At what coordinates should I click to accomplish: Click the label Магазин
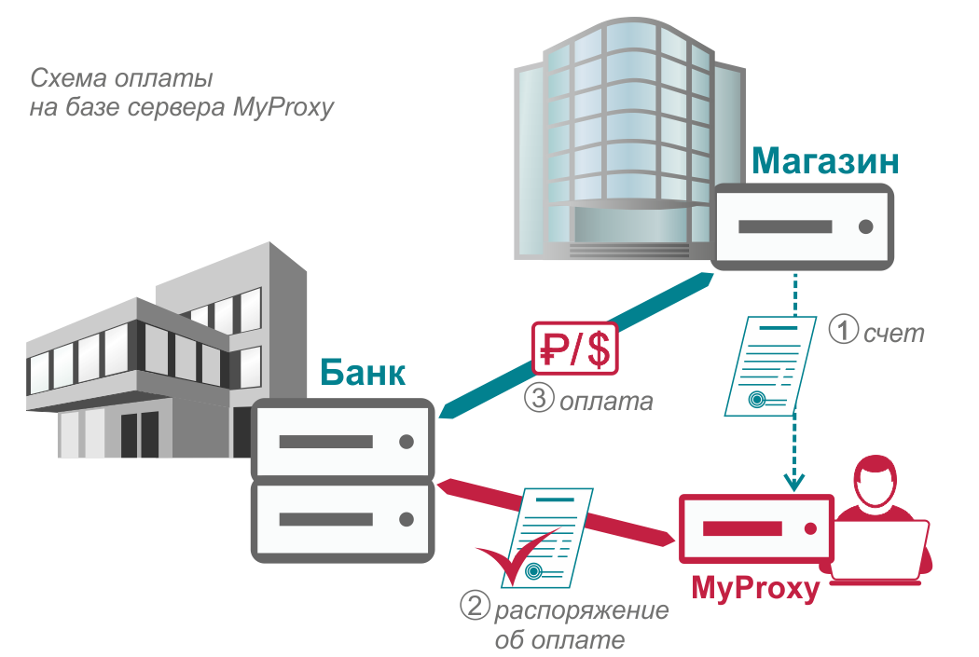[825, 161]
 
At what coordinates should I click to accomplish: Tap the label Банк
[363, 373]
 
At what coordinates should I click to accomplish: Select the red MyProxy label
[755, 588]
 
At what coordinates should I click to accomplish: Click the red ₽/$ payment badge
[575, 349]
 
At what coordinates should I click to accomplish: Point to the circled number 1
[844, 329]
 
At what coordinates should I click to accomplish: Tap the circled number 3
[539, 397]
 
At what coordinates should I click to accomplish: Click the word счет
[893, 334]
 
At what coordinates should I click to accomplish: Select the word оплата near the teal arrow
[606, 402]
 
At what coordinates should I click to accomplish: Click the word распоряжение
[581, 610]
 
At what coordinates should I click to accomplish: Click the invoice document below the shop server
[770, 366]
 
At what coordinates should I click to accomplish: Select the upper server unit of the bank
[343, 441]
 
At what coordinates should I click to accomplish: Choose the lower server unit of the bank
[343, 520]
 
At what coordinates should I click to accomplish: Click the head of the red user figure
[876, 482]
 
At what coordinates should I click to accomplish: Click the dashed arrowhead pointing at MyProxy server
[794, 483]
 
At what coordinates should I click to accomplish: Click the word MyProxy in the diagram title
[283, 108]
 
